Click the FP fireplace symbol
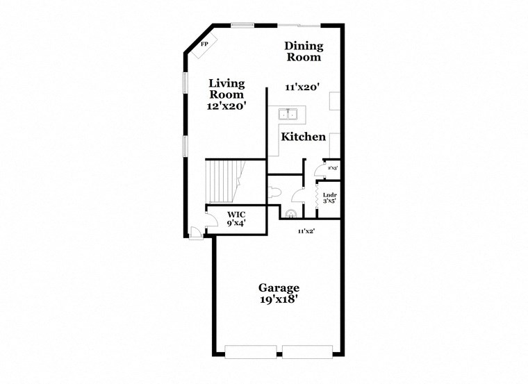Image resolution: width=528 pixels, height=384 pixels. (205, 44)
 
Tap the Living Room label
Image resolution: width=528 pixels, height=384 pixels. (227, 89)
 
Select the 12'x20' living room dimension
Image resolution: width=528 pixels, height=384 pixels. (227, 106)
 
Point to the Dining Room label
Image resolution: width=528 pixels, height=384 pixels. (304, 51)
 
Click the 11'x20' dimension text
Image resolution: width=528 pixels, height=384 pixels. (302, 87)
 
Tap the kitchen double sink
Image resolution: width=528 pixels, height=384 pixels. (288, 115)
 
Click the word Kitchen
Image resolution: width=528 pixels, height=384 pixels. (303, 137)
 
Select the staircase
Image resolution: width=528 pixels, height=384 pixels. (222, 181)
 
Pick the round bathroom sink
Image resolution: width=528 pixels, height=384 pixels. (291, 213)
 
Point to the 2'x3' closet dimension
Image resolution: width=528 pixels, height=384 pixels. (333, 168)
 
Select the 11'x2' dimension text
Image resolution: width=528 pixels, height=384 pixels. (306, 231)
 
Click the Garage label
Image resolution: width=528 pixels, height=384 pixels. (279, 287)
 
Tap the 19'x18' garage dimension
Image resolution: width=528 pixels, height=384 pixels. (279, 300)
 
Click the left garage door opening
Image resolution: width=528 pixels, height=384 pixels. (252, 352)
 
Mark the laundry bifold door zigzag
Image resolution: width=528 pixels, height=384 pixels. (318, 198)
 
